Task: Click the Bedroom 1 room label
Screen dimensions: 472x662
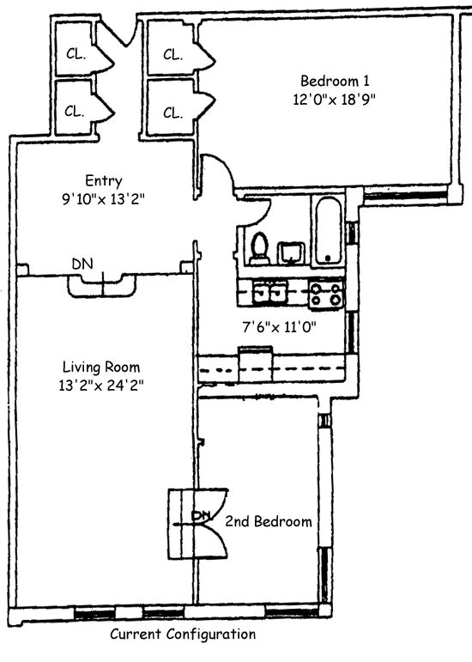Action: tap(335, 80)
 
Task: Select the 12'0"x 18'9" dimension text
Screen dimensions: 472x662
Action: tap(334, 100)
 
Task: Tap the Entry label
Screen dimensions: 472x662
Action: tap(104, 180)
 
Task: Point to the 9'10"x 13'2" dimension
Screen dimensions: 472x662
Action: tap(104, 199)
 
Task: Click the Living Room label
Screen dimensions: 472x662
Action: tap(101, 367)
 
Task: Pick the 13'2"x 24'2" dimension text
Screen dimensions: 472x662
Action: tap(101, 386)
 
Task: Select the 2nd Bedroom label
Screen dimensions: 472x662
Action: tap(269, 522)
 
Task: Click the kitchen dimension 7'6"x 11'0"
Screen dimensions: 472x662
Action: tap(279, 327)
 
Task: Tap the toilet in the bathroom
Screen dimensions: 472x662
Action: tap(260, 249)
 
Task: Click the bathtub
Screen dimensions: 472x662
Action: tap(328, 232)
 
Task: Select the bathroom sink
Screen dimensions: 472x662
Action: tap(291, 252)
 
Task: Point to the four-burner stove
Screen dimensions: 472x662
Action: tap(326, 294)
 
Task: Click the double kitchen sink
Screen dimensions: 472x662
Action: tap(270, 292)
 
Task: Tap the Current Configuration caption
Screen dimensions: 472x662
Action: tap(183, 635)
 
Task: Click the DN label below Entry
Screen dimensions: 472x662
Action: tap(82, 264)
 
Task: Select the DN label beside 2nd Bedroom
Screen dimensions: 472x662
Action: tap(202, 515)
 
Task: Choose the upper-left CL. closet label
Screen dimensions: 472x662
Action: tap(76, 53)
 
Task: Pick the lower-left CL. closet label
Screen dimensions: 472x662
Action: tap(75, 111)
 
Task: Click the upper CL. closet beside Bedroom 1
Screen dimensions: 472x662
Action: tap(173, 54)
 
